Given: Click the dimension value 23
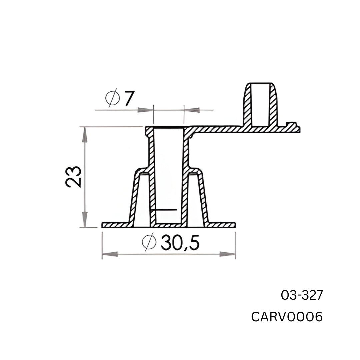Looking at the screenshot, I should [74, 177].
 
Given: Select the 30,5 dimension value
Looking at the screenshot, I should [180, 242].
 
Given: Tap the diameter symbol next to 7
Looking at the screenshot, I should [112, 98].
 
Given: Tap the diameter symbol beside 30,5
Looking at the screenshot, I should [149, 242].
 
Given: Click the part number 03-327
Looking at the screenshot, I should [302, 295].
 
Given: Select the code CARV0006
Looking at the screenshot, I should [287, 317].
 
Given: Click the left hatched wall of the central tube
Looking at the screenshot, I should [152, 177].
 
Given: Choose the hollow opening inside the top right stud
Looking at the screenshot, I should [260, 105].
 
